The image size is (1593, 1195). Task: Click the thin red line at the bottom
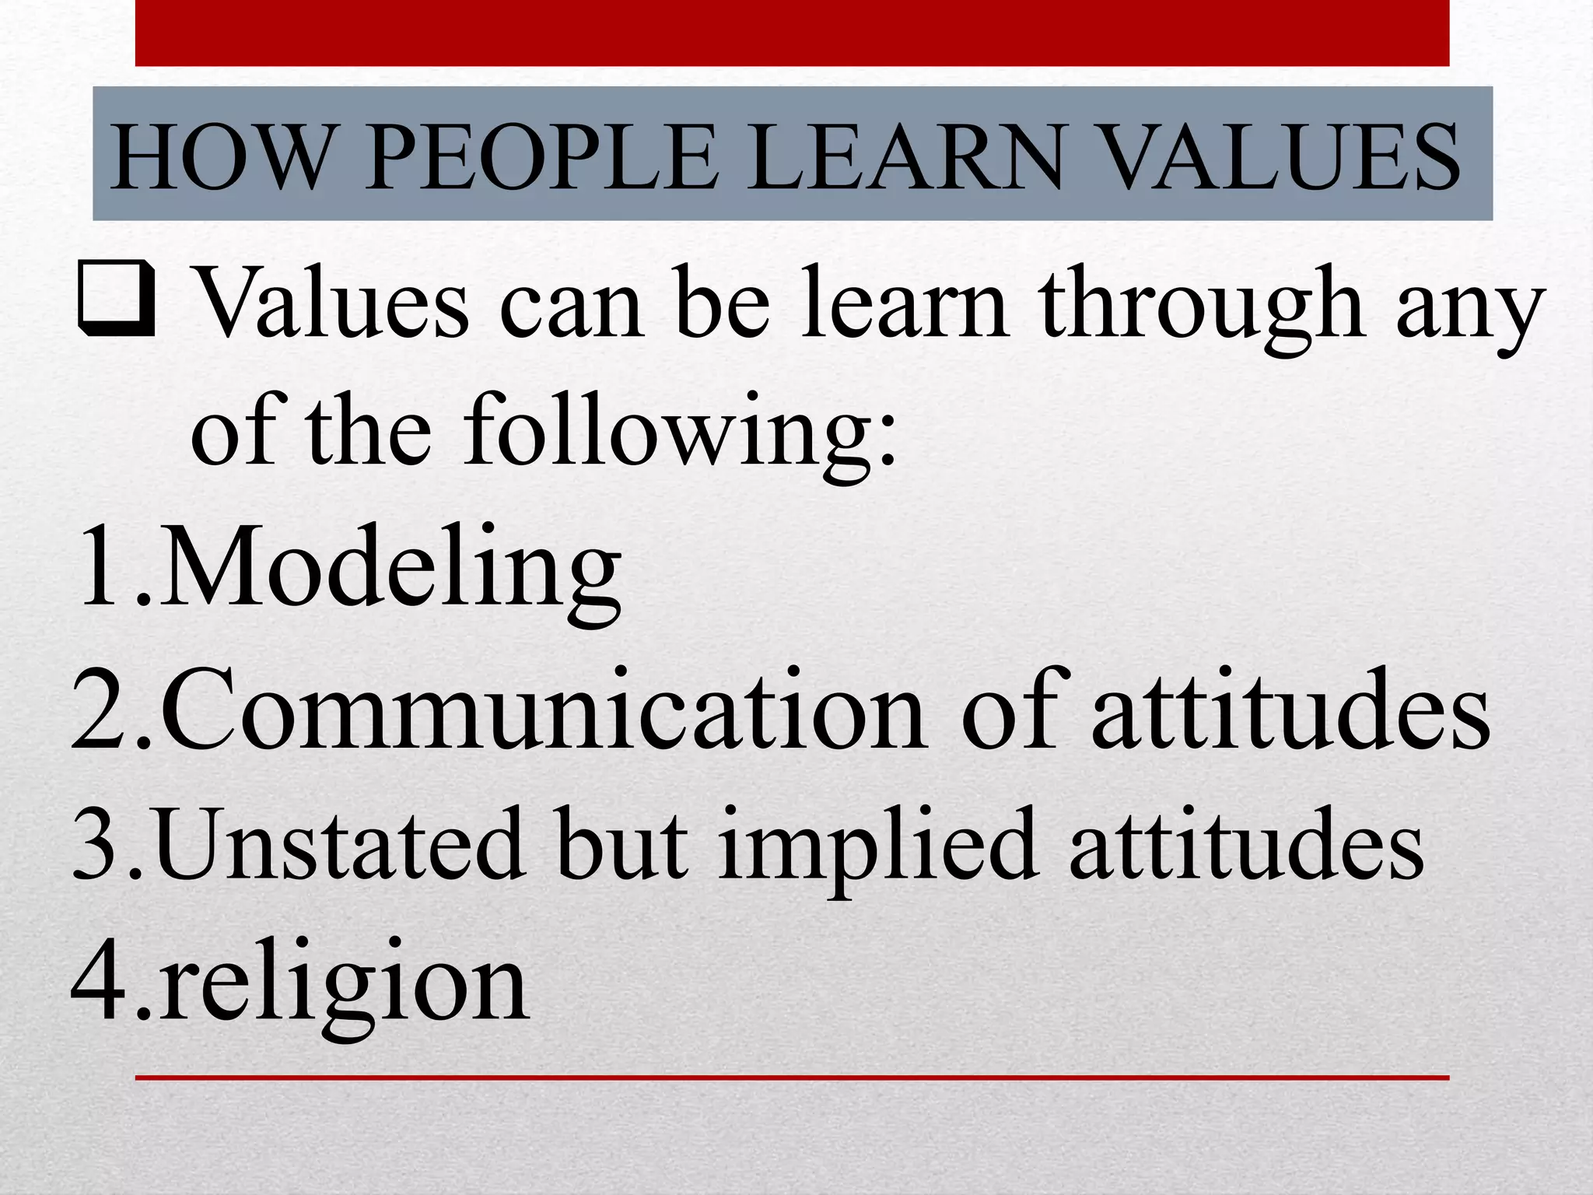tap(792, 1078)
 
